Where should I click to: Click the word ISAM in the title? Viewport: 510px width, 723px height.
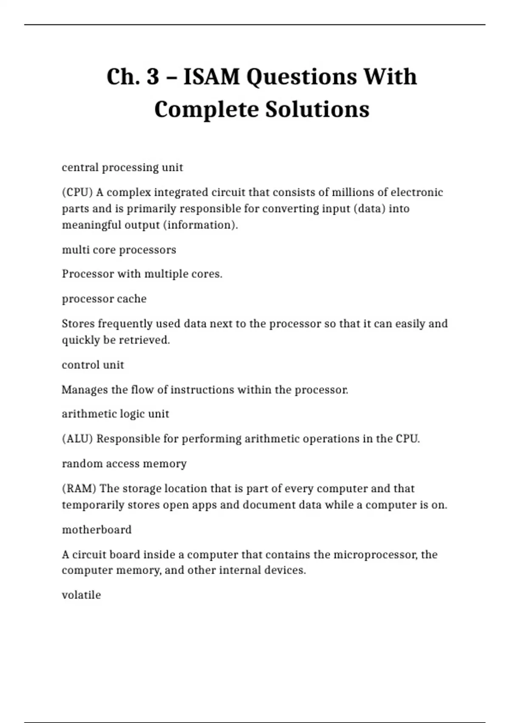[211, 77]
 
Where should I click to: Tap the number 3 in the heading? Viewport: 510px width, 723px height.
[153, 77]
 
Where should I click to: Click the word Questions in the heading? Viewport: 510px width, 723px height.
[302, 77]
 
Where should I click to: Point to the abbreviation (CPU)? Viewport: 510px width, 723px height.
[77, 193]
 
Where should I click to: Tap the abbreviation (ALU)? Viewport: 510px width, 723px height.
[77, 439]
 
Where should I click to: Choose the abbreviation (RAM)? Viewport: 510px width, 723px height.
[79, 489]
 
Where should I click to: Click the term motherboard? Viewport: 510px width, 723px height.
[97, 530]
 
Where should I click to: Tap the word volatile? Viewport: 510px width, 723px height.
[81, 595]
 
